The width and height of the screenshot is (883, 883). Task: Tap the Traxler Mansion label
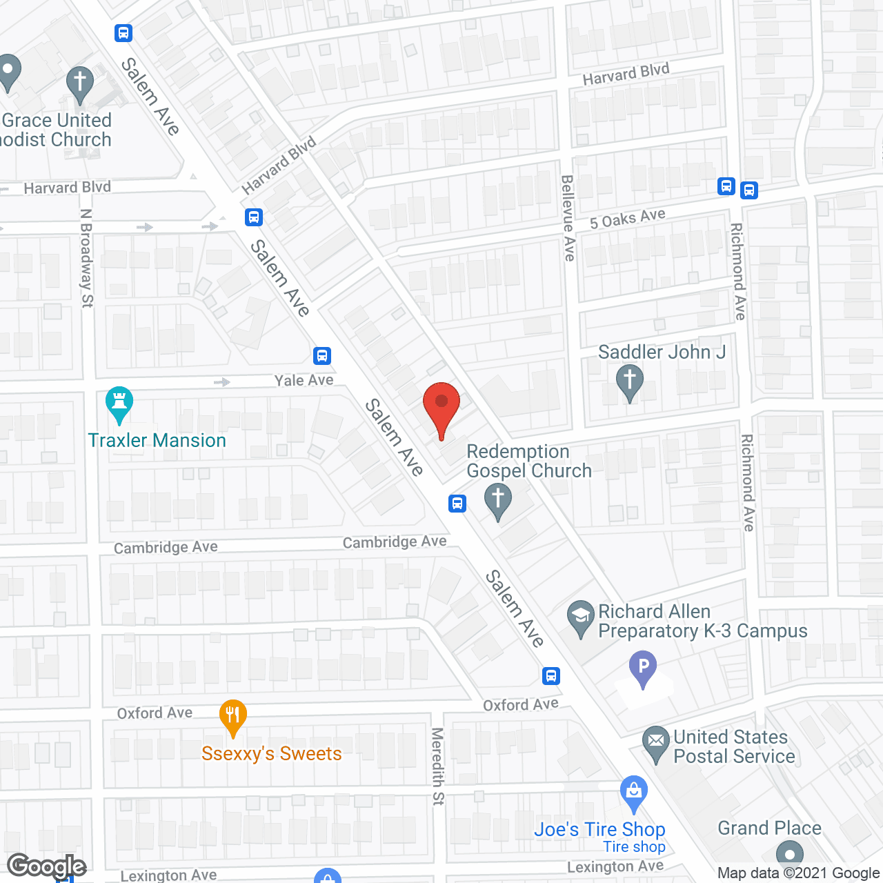(x=157, y=440)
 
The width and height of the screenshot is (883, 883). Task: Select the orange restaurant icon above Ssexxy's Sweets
(x=233, y=717)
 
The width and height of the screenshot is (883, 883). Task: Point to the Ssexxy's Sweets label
(x=272, y=753)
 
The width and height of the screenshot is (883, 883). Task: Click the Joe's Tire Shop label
(x=599, y=829)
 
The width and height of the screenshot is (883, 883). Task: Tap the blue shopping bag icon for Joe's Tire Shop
(x=633, y=793)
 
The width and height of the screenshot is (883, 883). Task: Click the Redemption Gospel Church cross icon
(x=498, y=500)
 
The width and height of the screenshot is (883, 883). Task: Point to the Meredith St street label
(x=437, y=766)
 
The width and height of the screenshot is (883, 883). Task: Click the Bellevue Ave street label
(x=568, y=217)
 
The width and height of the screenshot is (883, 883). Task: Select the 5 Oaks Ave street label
(x=628, y=219)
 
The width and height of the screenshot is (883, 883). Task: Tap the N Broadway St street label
(x=86, y=258)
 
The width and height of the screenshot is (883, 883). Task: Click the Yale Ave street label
(x=304, y=380)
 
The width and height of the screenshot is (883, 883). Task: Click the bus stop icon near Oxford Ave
(x=550, y=675)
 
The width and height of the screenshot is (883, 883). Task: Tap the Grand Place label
(x=769, y=828)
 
